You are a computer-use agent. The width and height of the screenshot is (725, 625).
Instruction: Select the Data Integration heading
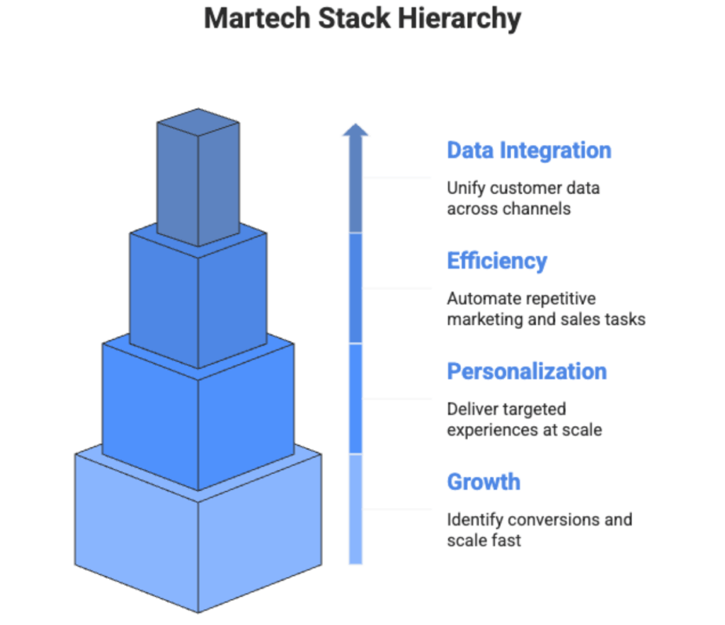(x=528, y=150)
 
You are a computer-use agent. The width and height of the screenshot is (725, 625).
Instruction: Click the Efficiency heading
(x=496, y=260)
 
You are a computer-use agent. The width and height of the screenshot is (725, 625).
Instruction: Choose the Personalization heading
(x=527, y=371)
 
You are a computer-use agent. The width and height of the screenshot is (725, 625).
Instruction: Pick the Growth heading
(x=484, y=481)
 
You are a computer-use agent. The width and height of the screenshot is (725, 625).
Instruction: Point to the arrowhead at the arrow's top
(x=355, y=130)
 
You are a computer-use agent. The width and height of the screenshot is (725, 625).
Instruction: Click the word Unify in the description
(x=464, y=188)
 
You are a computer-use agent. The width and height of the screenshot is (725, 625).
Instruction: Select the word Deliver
(x=468, y=409)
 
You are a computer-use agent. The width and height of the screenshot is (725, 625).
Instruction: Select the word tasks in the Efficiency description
(x=626, y=319)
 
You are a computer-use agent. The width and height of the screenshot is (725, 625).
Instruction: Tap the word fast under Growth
(x=506, y=540)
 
